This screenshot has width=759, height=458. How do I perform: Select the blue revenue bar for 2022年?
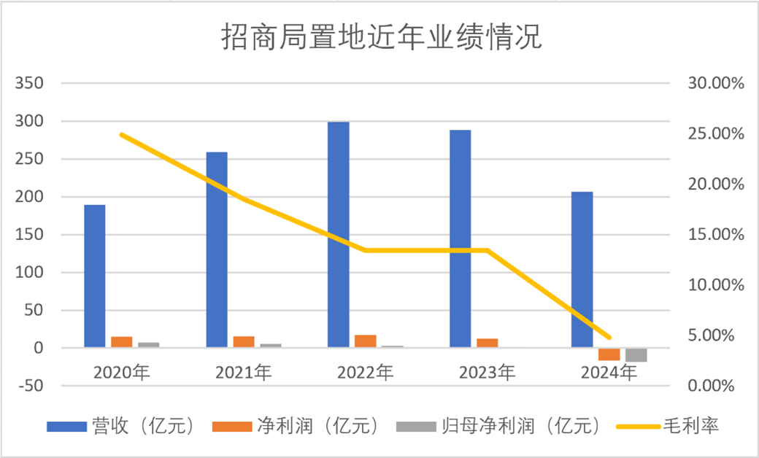click(338, 233)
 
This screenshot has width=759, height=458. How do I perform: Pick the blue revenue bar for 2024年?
click(582, 270)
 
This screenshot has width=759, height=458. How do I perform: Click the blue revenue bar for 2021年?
click(217, 249)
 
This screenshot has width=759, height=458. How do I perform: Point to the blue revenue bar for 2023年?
click(460, 238)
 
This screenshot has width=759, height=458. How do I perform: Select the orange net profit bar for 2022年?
click(366, 341)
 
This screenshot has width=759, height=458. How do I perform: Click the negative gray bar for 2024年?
click(636, 355)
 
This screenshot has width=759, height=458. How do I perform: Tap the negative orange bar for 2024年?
click(609, 354)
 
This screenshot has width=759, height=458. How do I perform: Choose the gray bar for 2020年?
click(149, 345)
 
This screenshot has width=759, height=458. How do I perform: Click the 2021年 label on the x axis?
click(243, 373)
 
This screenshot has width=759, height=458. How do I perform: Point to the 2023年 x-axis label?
click(487, 373)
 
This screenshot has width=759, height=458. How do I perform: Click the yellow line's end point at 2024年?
click(609, 338)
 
